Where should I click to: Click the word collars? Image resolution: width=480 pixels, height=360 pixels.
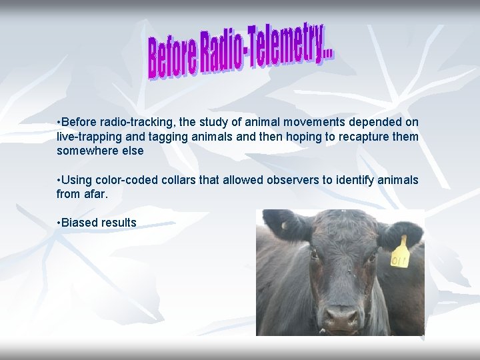point(176,180)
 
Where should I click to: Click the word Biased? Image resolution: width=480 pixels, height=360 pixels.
point(79,223)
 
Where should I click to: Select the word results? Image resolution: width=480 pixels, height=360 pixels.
point(119,223)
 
